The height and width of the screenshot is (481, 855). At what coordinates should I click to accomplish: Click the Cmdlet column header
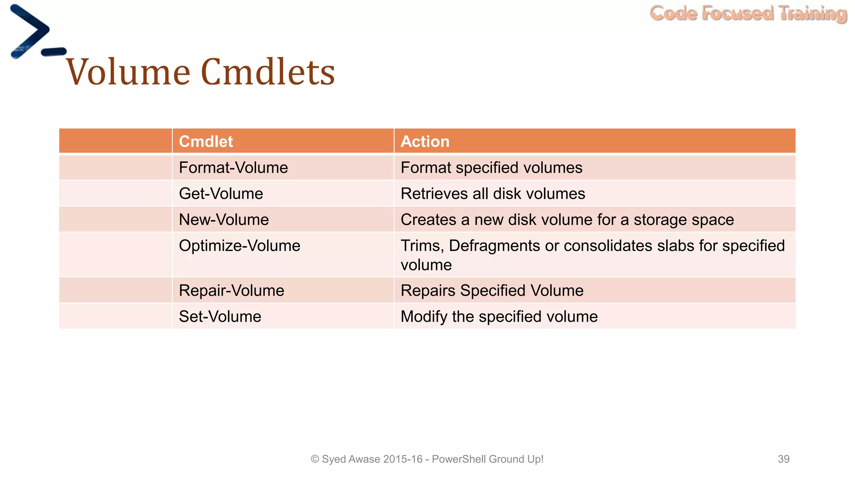pos(206,142)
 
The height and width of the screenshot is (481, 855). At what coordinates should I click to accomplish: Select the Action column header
pos(425,142)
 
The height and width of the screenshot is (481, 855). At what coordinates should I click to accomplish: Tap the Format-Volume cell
pos(233,168)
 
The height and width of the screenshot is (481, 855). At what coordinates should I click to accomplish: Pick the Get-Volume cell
pos(221,194)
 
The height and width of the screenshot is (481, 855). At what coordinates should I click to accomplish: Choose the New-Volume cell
pos(224,220)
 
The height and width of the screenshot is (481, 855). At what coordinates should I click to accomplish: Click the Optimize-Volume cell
pos(240,246)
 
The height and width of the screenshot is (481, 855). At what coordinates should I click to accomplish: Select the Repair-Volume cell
pos(231,291)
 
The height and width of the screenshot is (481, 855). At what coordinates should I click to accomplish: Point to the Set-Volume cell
pos(220,316)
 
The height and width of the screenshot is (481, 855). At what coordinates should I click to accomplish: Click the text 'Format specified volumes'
pos(491,168)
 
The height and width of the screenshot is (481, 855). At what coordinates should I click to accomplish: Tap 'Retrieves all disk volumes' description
pos(493,194)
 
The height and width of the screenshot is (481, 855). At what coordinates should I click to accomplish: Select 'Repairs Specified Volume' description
pos(492,291)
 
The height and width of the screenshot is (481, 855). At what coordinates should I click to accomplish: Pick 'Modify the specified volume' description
pos(499,316)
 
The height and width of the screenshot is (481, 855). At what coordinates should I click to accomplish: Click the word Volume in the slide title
pos(128,72)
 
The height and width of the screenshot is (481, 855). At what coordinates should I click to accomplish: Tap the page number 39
pos(783,459)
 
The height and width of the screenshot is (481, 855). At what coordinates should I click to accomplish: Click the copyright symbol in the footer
pos(315,459)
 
